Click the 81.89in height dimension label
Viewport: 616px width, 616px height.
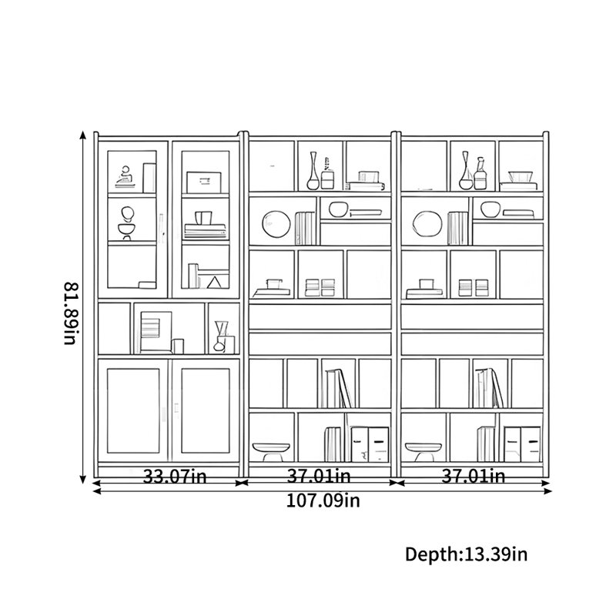point(70,313)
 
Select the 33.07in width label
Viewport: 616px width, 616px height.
point(174,476)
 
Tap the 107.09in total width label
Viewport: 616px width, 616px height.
point(323,500)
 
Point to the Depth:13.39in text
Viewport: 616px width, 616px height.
point(466,554)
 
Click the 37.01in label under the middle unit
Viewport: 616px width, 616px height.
point(319,476)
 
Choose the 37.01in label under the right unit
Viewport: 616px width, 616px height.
point(473,476)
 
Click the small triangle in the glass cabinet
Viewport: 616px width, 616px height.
point(214,283)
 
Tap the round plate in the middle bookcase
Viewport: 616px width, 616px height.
point(276,224)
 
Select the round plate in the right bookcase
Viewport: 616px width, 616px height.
point(427,224)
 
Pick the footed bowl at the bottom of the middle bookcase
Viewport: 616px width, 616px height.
point(271,452)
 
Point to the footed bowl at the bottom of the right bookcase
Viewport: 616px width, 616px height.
point(423,452)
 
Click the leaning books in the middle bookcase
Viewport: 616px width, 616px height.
point(338,388)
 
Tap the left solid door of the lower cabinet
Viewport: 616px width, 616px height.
point(132,410)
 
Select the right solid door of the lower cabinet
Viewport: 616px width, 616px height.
point(206,410)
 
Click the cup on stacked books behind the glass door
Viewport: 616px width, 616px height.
point(203,218)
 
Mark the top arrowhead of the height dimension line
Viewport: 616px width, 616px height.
point(83,135)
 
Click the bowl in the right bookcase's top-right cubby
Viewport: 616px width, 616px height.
point(521,177)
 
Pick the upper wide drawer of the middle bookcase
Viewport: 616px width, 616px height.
point(320,316)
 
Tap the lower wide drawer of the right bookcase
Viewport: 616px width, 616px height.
point(472,343)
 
